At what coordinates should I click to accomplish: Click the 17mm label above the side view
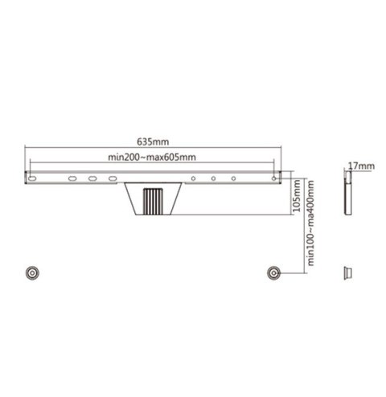point(359,166)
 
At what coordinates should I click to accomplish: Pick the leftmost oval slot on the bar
point(72,178)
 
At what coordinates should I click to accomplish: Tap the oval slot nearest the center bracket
point(113,178)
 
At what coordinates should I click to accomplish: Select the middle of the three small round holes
point(213,178)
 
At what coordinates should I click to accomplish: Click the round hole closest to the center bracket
point(193,178)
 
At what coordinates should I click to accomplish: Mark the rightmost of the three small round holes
point(234,178)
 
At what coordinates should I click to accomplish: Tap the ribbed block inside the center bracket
point(152,200)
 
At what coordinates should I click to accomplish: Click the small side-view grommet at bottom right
point(348,272)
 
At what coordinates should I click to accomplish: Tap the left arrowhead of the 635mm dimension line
point(27,147)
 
